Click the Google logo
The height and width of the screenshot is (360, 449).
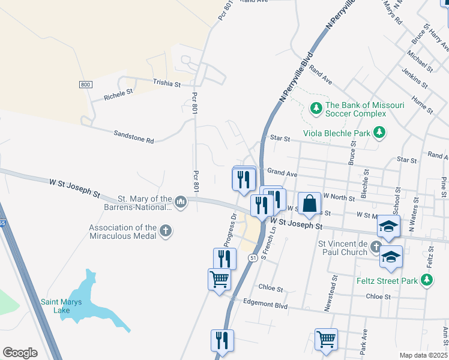click(20, 353)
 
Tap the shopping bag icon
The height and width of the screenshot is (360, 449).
click(310, 203)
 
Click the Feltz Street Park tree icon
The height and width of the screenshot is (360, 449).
click(427, 280)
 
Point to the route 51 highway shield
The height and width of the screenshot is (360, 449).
click(253, 258)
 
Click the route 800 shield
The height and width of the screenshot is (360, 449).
click(86, 85)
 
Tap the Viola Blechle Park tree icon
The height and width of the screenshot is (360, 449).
click(379, 131)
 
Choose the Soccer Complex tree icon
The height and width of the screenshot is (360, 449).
click(316, 109)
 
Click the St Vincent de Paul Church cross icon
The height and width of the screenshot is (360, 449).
click(376, 247)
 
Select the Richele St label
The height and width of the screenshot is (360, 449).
click(118, 94)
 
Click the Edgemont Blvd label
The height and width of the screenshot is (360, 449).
click(266, 305)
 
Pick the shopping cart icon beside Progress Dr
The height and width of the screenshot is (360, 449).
click(219, 278)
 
